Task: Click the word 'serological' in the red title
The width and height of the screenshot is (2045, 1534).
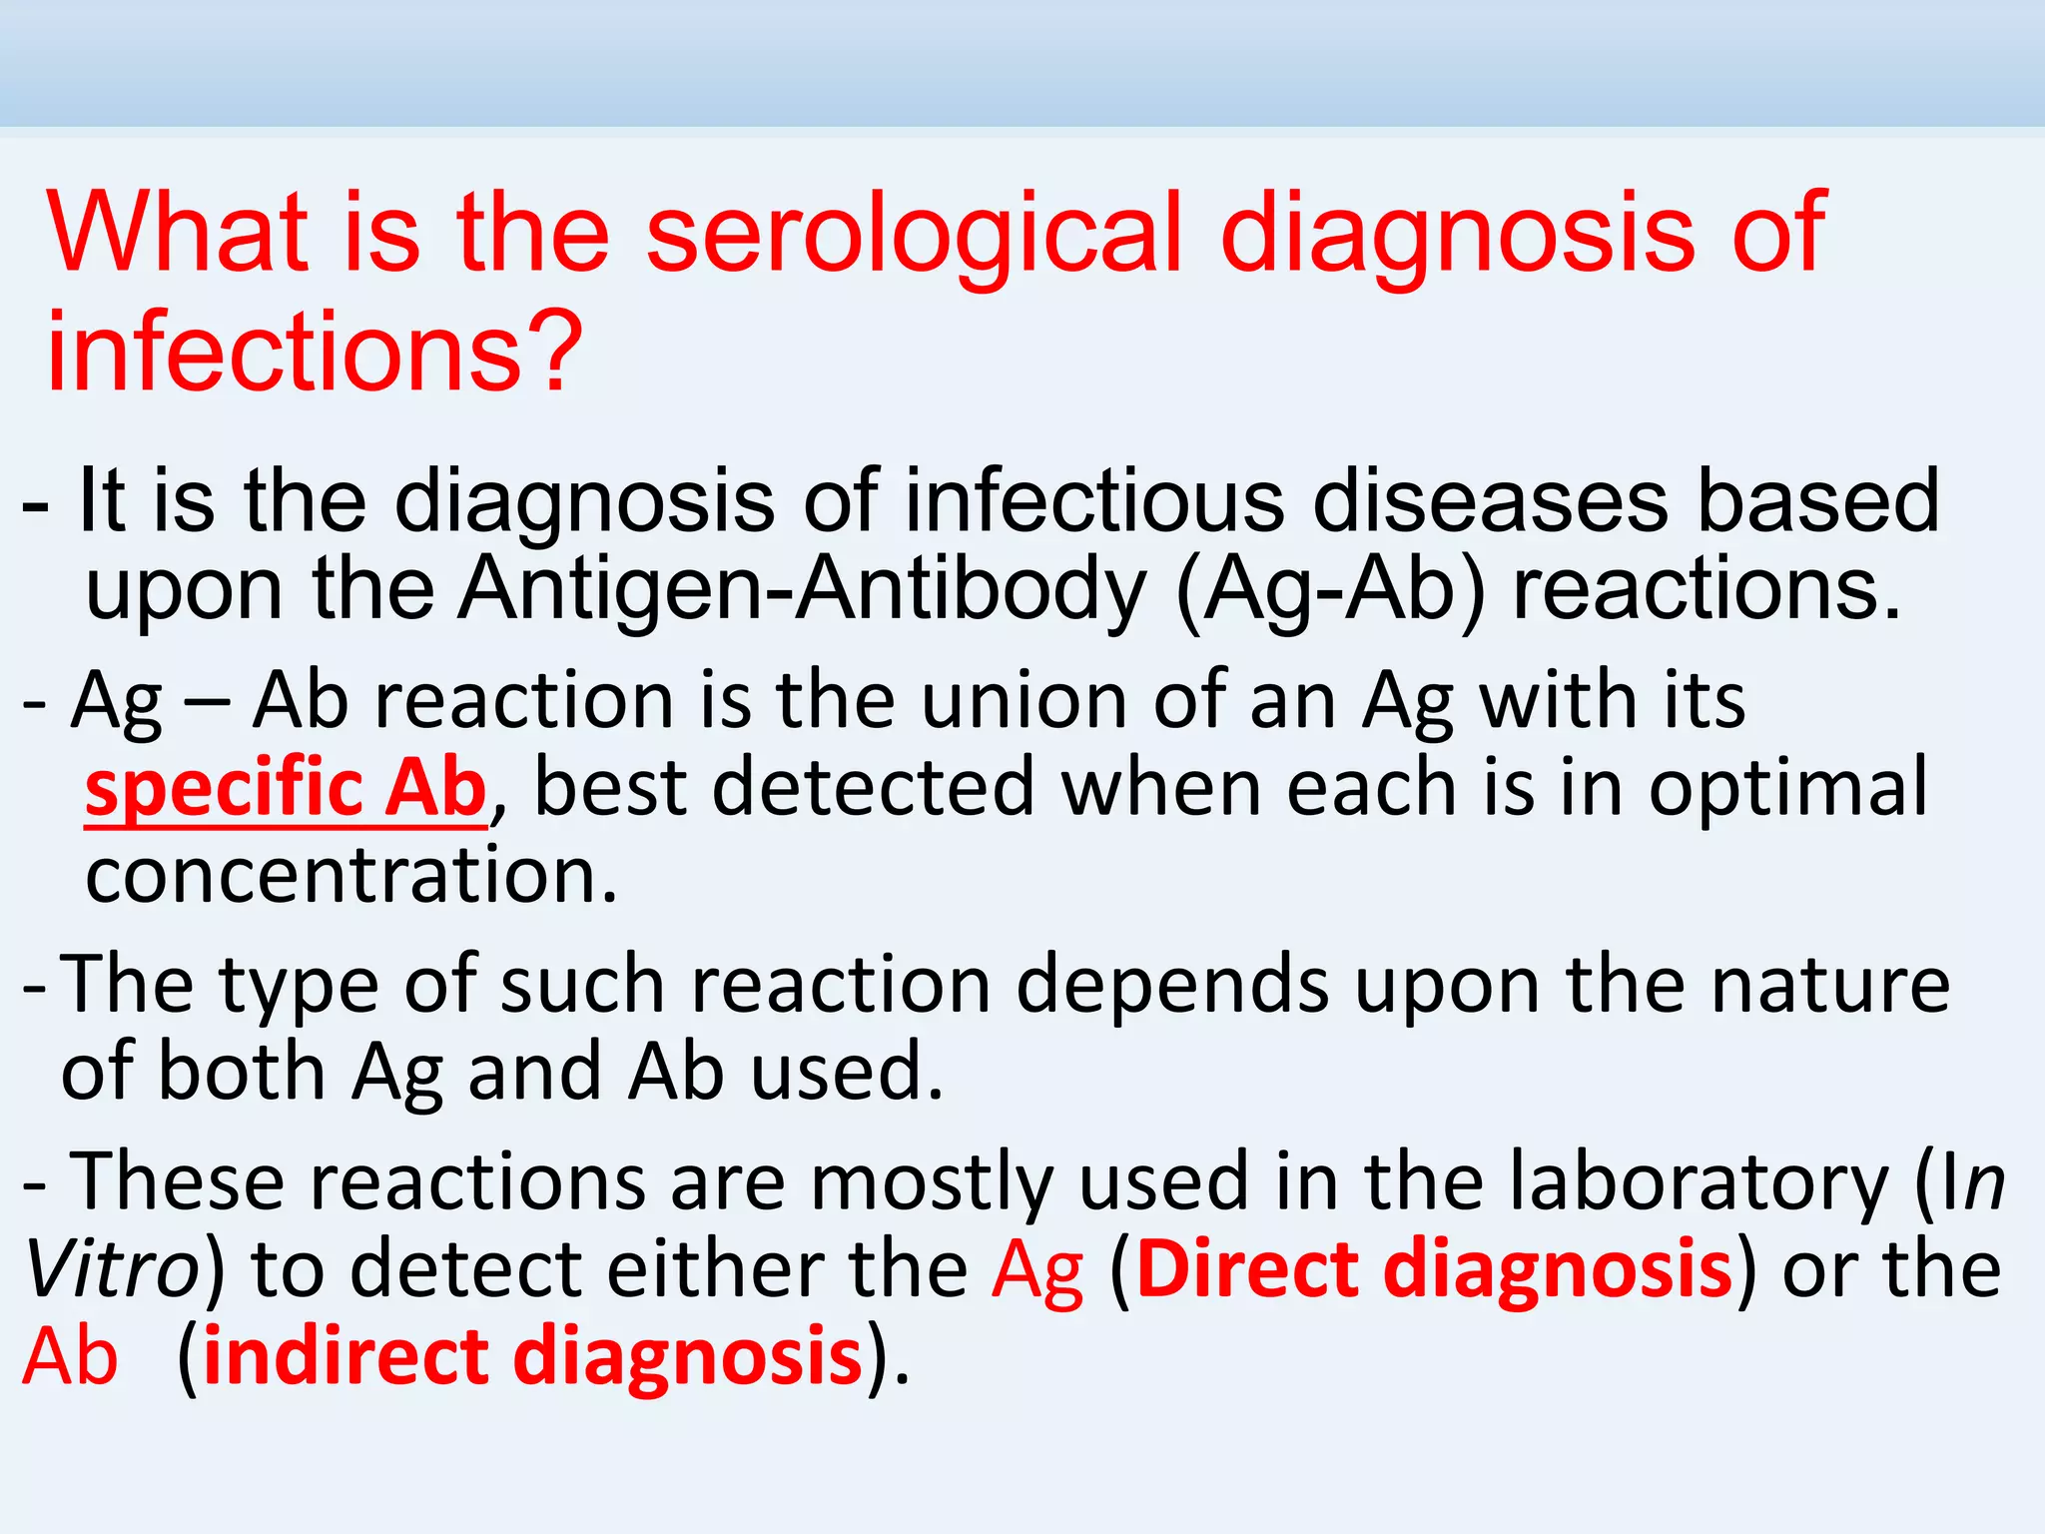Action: tap(914, 236)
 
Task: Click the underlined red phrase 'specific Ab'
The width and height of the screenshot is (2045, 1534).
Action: tap(286, 788)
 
